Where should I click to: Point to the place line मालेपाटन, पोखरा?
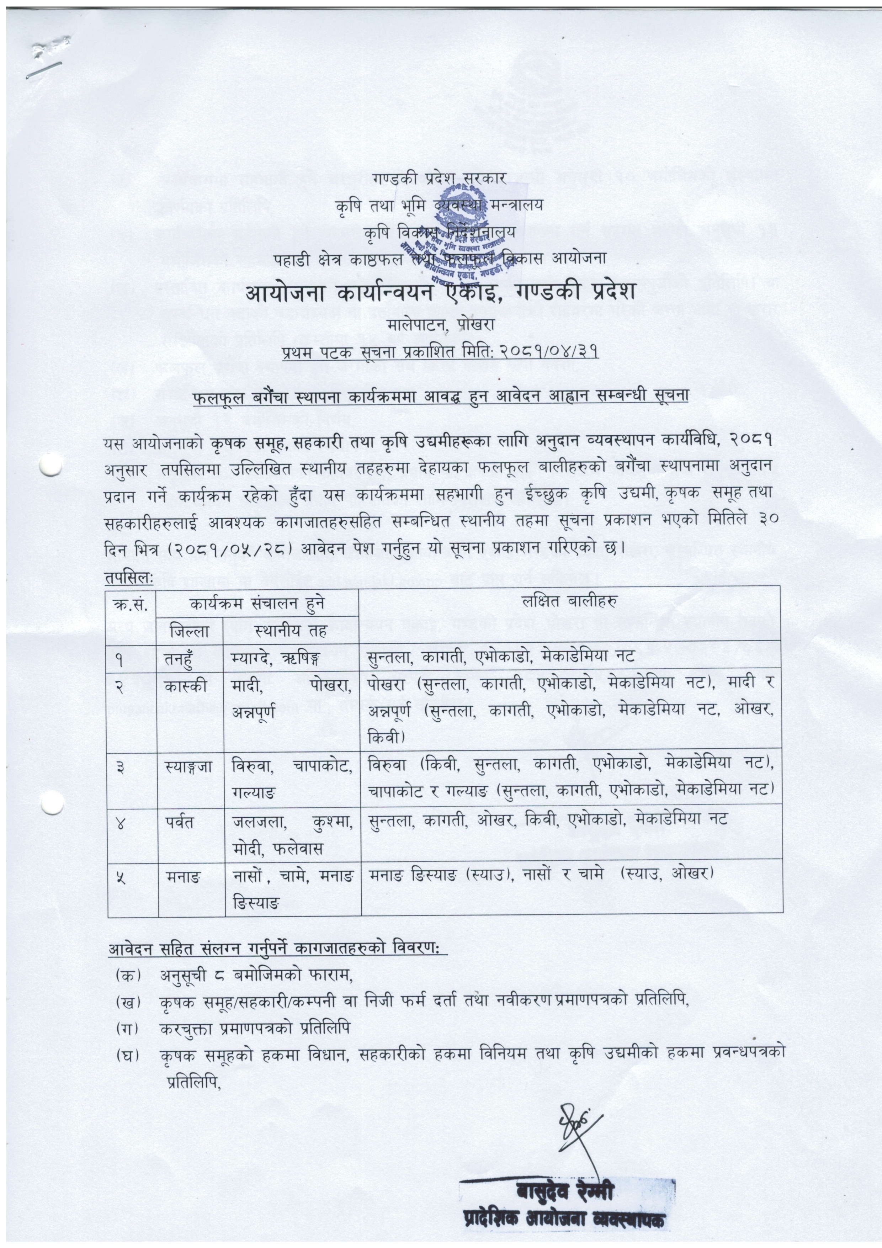tap(441, 325)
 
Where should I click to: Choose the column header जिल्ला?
tap(190, 632)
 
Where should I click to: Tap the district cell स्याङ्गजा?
tap(189, 766)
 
